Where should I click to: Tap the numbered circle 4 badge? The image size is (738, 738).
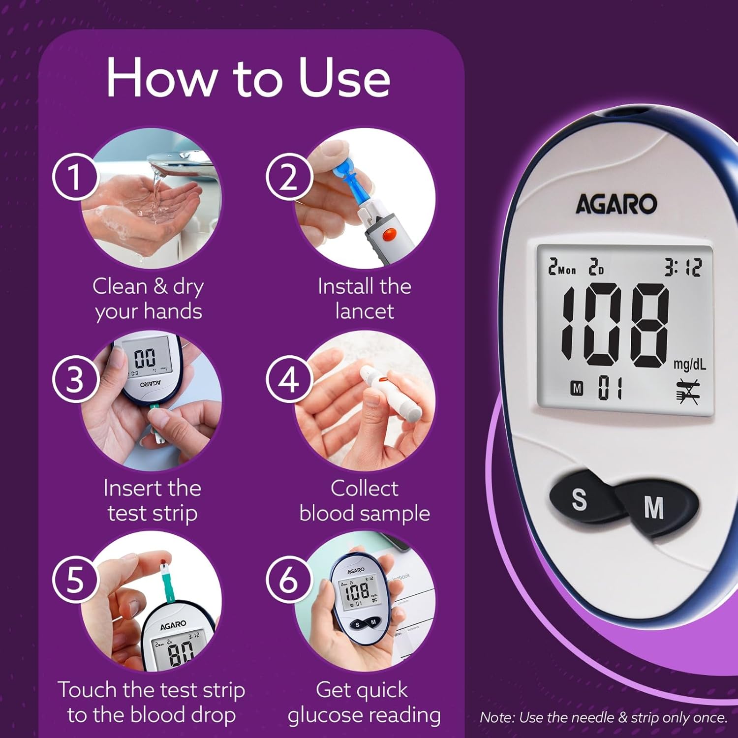289,379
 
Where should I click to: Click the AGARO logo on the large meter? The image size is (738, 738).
616,204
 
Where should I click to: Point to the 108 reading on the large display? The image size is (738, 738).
615,325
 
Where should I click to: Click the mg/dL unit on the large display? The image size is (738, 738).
689,365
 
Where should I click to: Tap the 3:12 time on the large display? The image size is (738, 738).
683,268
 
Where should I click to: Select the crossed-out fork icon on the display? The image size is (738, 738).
687,391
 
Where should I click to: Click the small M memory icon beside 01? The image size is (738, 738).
577,389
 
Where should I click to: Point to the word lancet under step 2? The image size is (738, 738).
365,311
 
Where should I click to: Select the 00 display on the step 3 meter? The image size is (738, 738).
145,358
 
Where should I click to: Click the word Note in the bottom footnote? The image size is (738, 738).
496,717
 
